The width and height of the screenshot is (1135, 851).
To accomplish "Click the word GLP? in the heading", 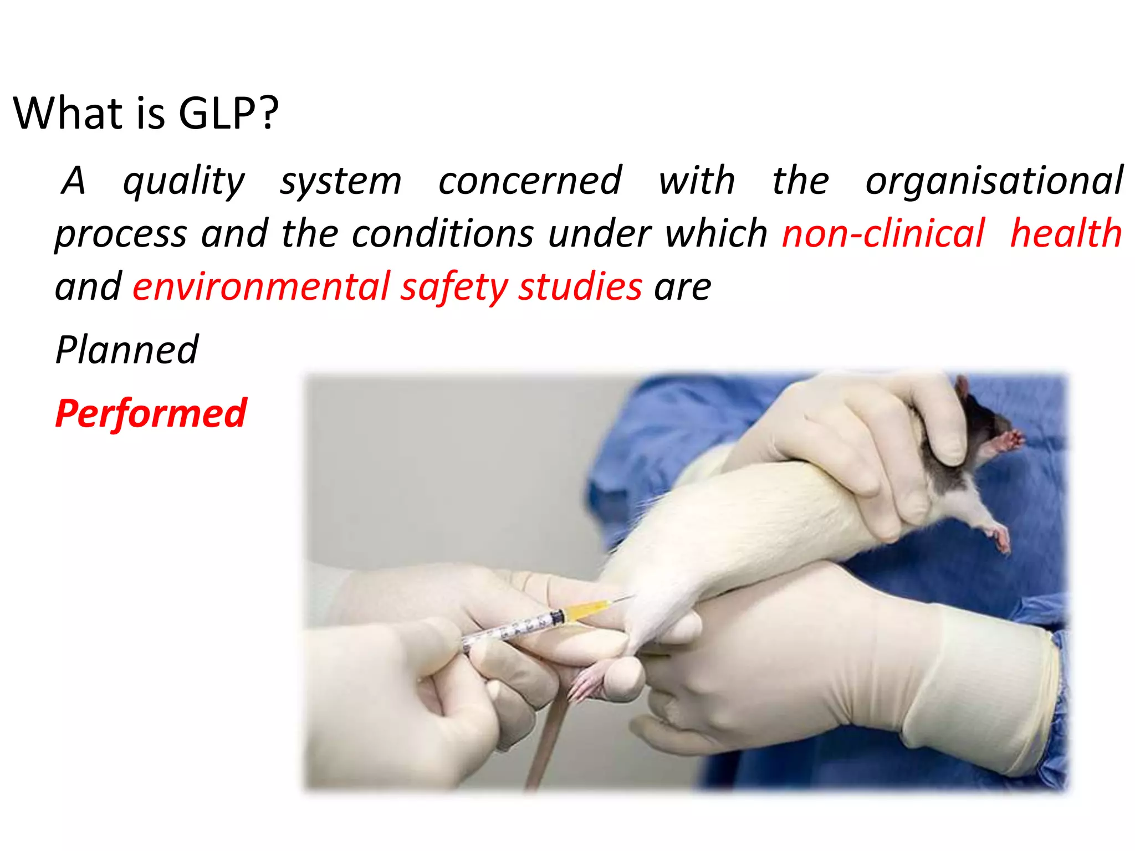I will click(x=228, y=114).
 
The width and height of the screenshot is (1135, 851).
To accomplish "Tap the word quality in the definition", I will click(x=183, y=182).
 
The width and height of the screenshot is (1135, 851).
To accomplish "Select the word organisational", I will click(x=994, y=181).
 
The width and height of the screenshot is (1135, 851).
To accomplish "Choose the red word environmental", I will click(x=261, y=287).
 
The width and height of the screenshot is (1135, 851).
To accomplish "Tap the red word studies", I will click(x=580, y=287).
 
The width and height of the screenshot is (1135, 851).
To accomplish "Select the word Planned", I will click(x=127, y=350).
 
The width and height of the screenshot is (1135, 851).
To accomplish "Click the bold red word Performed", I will click(x=151, y=414).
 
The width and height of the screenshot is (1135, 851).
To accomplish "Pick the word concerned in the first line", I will click(x=530, y=181).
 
